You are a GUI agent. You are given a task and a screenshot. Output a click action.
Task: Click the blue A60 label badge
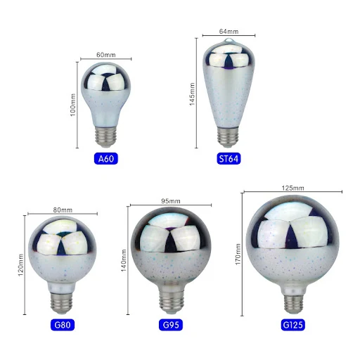(106, 159)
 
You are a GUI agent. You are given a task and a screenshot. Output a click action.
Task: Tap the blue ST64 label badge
(229, 159)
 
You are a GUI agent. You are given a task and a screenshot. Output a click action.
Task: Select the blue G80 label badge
(63, 325)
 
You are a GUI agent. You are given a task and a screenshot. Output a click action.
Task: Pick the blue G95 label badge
(171, 325)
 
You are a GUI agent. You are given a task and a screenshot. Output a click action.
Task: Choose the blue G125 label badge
(292, 325)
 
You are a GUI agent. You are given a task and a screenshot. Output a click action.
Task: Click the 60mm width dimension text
(106, 55)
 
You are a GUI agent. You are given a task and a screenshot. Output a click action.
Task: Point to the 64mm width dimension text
(229, 32)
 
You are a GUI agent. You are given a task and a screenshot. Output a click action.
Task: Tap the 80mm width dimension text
(63, 210)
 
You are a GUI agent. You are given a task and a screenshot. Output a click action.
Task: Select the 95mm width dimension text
(171, 201)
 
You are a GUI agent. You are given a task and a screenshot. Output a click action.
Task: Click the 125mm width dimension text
(292, 188)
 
